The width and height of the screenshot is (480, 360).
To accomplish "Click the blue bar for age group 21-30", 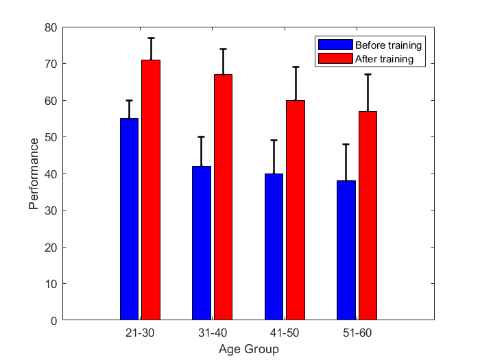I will (x=129, y=219).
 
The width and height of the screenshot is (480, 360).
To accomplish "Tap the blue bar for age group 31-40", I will (x=202, y=243).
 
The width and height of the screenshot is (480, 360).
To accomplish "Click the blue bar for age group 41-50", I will (x=274, y=246).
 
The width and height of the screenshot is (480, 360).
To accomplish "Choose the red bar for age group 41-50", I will (x=296, y=210).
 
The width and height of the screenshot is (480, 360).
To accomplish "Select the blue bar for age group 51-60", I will (x=346, y=250).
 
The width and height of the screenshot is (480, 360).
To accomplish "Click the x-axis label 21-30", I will (x=140, y=333).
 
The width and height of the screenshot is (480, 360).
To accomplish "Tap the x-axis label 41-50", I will (x=285, y=333).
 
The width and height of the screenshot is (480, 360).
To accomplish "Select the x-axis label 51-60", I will (x=357, y=333).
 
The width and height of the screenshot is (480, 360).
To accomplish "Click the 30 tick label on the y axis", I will (x=51, y=211).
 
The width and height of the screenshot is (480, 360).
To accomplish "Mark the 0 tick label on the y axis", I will (x=53, y=320).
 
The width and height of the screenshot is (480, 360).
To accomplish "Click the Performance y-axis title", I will (x=34, y=173).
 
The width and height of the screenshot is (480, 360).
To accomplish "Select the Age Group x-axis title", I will (x=249, y=350).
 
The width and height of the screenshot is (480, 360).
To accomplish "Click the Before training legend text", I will (x=388, y=45).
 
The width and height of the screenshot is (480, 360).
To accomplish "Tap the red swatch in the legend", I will (x=335, y=58).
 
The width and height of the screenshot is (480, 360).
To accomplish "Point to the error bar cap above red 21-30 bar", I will (x=151, y=38).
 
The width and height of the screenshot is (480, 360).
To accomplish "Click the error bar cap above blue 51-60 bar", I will (x=346, y=144).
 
